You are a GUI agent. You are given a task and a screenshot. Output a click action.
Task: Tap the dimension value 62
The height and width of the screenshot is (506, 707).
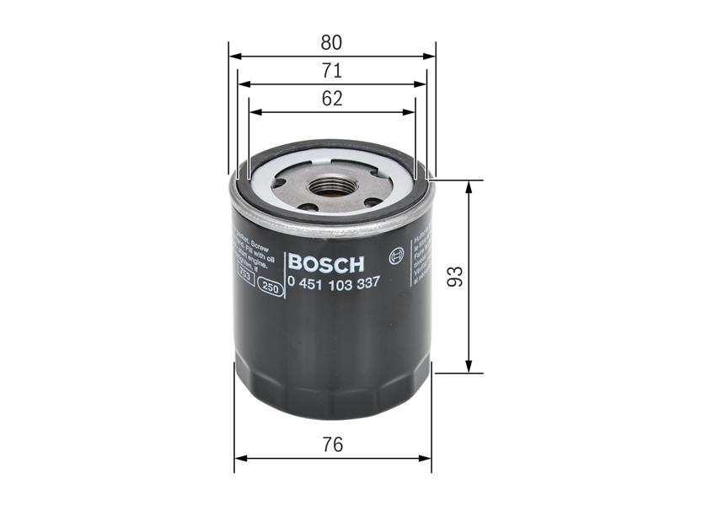pos(332,98)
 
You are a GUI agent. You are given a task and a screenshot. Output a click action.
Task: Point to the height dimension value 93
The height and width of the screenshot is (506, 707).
pos(456,277)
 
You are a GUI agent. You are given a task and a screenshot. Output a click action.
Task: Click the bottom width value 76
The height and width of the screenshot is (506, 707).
pos(333,444)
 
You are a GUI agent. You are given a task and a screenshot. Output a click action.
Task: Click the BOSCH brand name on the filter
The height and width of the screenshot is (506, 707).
pos(325,263)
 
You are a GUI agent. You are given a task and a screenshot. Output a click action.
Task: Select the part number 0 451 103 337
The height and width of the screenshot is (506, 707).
pos(333,283)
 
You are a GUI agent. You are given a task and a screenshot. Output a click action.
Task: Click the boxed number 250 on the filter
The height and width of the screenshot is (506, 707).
pos(270,288)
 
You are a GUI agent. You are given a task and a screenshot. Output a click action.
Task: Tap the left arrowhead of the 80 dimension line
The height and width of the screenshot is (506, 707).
pos(233,57)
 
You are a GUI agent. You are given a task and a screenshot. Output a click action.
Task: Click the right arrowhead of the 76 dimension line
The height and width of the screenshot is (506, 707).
pos(426,459)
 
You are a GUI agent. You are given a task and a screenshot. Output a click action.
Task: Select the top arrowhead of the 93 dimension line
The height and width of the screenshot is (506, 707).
pos(469,186)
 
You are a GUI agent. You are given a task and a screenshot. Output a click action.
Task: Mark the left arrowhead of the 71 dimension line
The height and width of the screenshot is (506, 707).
pos(244,84)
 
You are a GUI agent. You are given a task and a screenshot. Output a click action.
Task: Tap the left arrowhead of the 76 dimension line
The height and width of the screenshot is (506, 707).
pos(239,459)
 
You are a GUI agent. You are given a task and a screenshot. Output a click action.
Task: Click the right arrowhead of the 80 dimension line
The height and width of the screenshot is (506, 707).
pos(431,57)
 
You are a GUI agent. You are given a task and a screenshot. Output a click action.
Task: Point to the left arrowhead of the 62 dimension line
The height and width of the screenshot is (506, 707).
pos(254,112)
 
